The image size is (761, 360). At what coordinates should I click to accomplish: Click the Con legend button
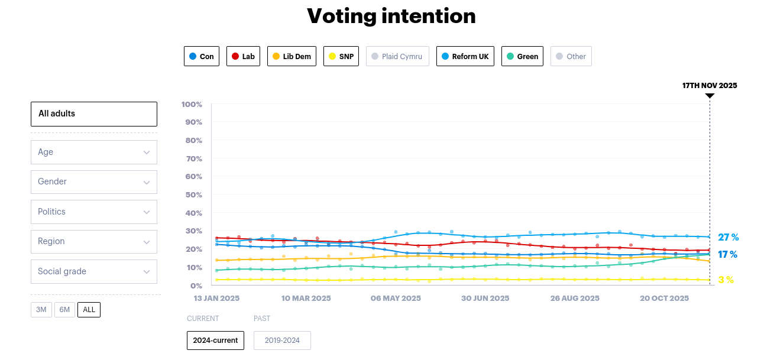point(202,56)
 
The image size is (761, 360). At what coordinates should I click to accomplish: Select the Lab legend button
point(243,56)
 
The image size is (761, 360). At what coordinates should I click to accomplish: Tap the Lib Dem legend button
point(292,56)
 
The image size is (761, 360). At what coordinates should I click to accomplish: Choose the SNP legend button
point(341,56)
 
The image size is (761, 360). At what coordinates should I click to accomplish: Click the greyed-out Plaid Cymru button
point(397,56)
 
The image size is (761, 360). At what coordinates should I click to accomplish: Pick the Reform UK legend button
point(465,56)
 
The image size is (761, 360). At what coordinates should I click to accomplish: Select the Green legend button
point(522,56)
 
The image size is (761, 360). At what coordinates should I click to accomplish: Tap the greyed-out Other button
point(571,56)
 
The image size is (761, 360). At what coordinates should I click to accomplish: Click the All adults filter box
point(94,114)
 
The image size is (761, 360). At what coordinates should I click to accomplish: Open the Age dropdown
point(94,152)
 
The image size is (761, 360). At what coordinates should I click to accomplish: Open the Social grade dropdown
point(94,271)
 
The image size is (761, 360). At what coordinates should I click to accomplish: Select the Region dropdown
point(94,241)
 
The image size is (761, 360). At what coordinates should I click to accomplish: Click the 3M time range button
point(41,310)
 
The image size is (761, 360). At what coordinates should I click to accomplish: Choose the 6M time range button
point(64,310)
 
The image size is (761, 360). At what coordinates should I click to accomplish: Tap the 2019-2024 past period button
point(282,340)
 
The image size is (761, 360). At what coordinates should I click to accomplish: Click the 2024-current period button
point(215,340)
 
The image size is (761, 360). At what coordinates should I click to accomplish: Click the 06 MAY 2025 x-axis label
point(396,299)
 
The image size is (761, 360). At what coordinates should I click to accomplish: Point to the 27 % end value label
point(728,238)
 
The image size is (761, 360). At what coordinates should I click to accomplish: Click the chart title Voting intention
point(391,16)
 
